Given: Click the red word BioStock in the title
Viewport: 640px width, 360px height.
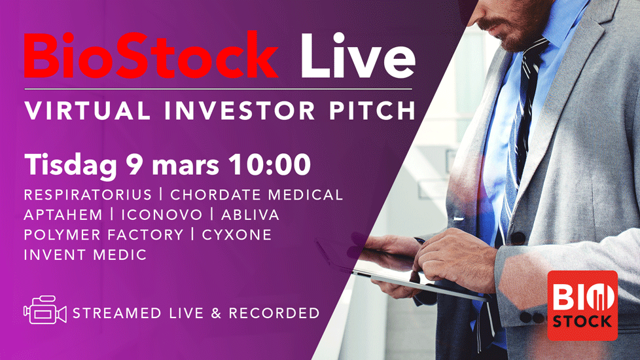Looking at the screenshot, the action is (151, 55).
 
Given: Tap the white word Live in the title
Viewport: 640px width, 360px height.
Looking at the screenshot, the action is (357, 55).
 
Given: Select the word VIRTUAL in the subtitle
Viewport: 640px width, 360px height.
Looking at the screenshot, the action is (87, 110).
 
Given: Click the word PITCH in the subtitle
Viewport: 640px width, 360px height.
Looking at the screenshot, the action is (372, 110).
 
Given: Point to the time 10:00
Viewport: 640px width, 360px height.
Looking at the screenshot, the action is (270, 165).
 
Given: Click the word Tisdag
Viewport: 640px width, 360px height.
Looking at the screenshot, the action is (71, 166).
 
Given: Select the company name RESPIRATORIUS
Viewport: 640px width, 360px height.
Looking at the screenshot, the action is (88, 194).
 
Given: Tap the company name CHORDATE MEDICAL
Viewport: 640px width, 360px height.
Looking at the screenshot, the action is (257, 194).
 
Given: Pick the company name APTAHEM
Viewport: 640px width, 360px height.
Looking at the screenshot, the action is (63, 215).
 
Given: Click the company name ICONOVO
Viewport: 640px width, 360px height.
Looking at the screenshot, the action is (162, 215).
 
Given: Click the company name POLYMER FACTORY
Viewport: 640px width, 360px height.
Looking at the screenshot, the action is (103, 235).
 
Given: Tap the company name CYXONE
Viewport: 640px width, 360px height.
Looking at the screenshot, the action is (237, 235).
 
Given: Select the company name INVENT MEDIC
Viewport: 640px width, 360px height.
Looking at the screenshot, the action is (85, 255).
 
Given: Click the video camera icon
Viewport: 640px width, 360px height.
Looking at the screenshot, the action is (45, 310).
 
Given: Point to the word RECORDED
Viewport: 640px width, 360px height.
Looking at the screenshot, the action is (274, 313).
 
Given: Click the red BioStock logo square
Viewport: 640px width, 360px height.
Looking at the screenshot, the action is (582, 305).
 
